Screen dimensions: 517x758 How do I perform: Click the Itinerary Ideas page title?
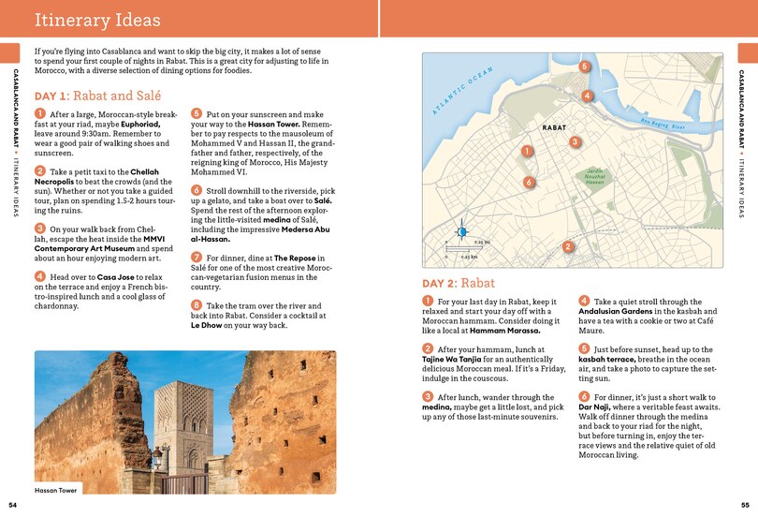[97, 21]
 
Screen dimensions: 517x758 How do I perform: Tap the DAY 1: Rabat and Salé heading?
[97, 96]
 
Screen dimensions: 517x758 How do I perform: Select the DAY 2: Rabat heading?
[459, 283]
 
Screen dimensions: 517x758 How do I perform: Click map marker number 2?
[568, 246]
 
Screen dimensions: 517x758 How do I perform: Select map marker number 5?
[584, 66]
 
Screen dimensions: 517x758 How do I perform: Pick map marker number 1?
[528, 151]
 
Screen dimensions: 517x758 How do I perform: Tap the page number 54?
[12, 505]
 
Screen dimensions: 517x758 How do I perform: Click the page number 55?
[744, 505]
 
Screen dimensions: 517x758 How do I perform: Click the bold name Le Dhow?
[211, 325]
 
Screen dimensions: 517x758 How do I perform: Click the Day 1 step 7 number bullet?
[197, 257]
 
